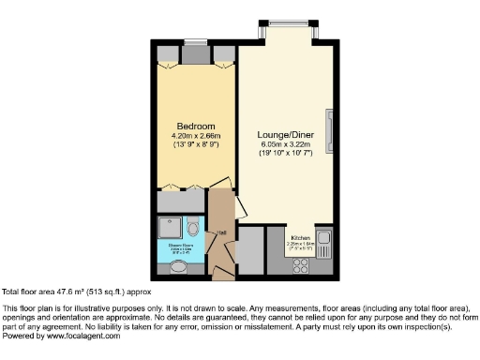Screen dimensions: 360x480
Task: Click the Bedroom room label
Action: pyautogui.click(x=197, y=127)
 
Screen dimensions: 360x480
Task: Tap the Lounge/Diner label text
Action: pyautogui.click(x=284, y=134)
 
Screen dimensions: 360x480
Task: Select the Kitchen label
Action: pyautogui.click(x=301, y=237)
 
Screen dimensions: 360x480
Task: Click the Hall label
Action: pyautogui.click(x=221, y=233)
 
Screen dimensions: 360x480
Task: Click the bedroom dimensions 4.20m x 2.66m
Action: pyautogui.click(x=197, y=136)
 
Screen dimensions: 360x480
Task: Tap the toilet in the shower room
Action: pyautogui.click(x=192, y=228)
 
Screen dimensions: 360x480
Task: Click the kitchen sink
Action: pyautogui.click(x=323, y=240)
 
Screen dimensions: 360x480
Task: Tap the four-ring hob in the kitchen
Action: pyautogui.click(x=302, y=266)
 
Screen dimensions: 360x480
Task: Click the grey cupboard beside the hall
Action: pyautogui.click(x=251, y=248)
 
